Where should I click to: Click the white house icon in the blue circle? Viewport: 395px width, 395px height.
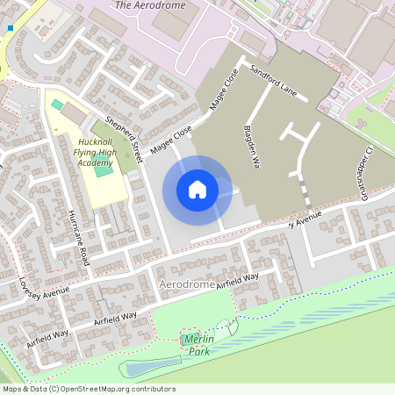point(197,190)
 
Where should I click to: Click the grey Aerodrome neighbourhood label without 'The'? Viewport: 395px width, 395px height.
point(187,286)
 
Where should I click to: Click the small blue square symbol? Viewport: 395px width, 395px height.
point(11,28)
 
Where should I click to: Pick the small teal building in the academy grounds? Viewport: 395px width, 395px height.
point(57,104)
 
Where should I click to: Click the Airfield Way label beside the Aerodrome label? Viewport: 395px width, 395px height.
point(238,279)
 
